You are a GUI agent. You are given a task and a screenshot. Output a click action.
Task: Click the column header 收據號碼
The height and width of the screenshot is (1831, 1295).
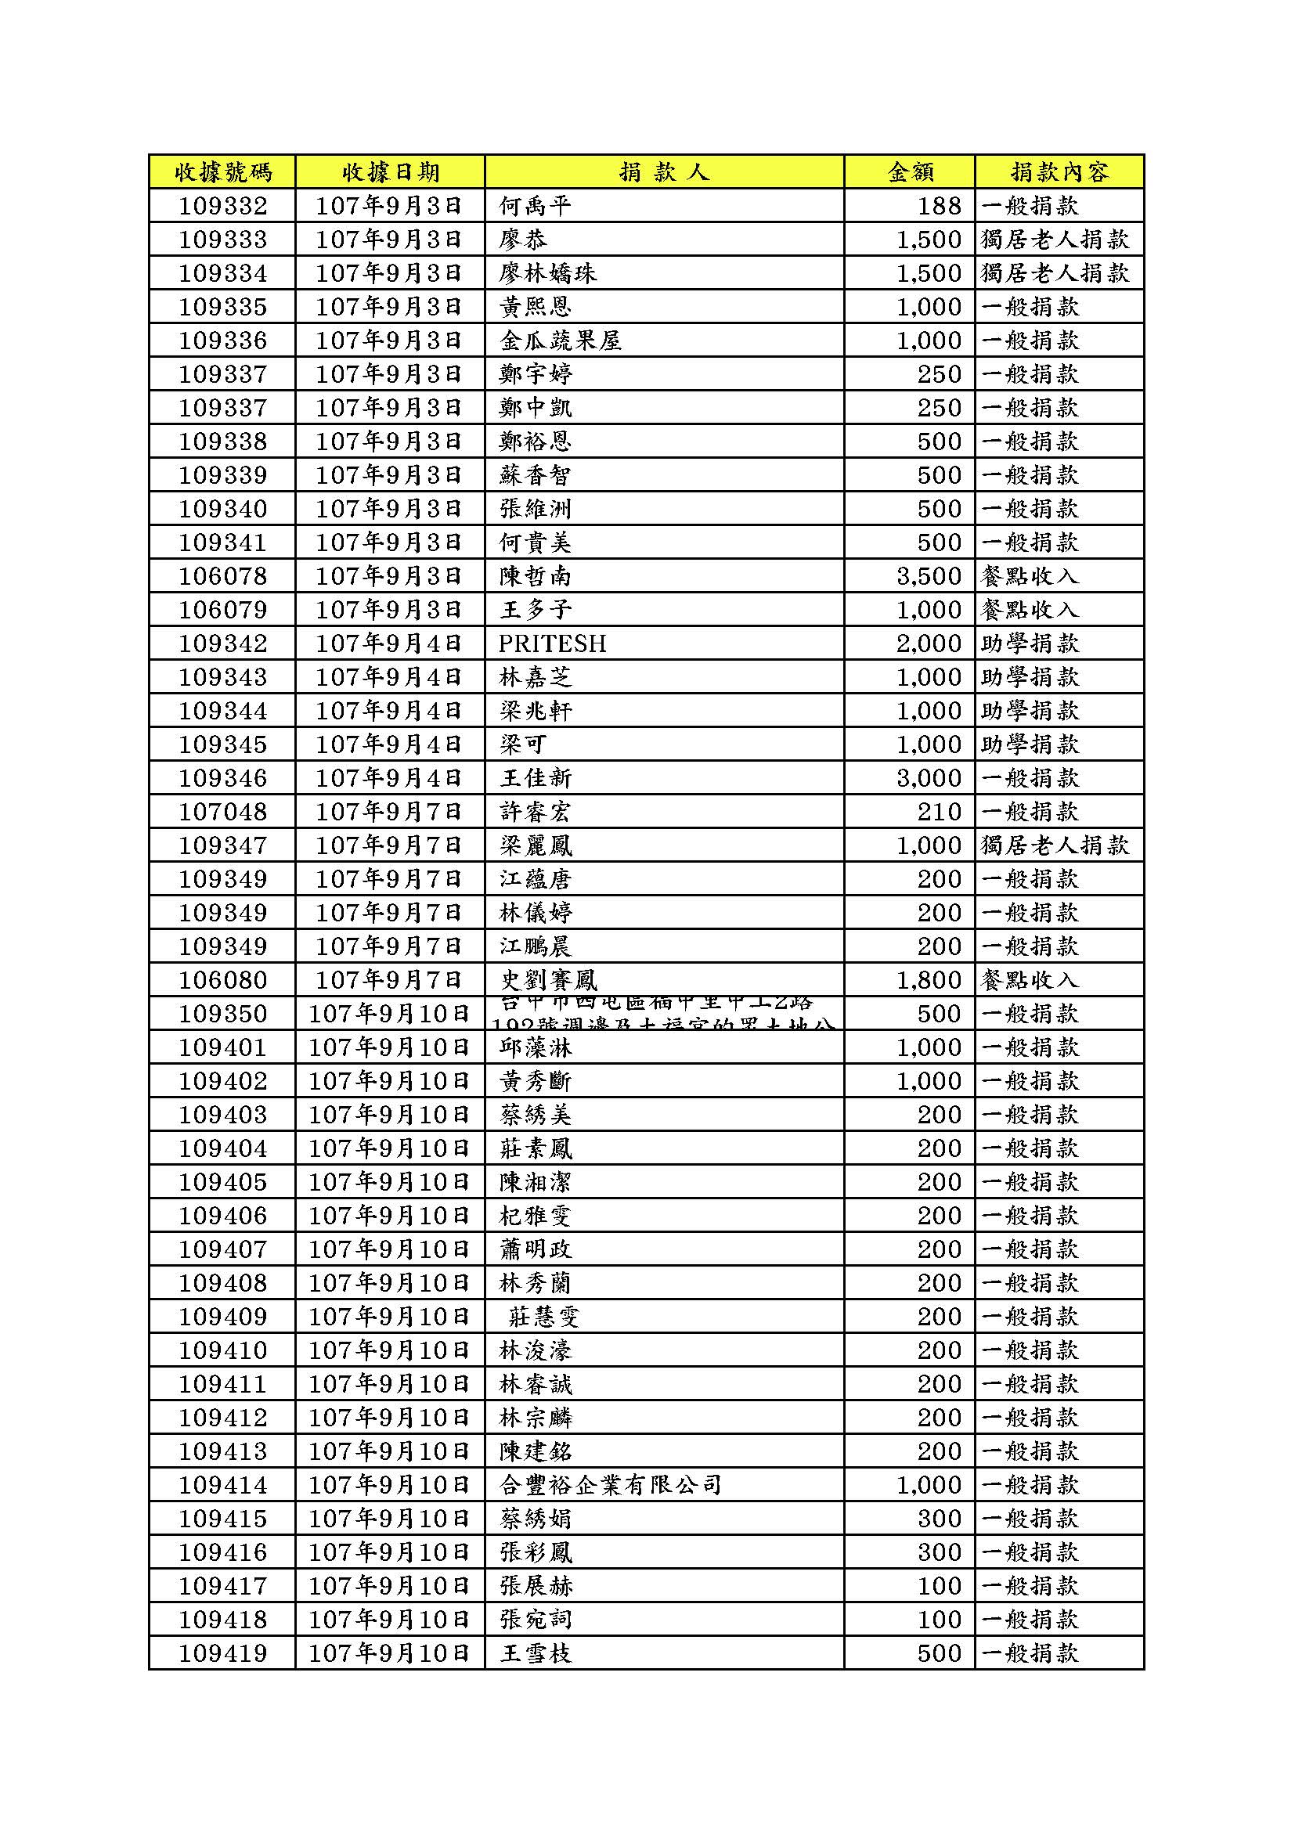pyautogui.click(x=222, y=171)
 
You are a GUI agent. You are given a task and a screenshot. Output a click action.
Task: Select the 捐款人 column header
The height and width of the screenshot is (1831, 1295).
pyautogui.click(x=663, y=171)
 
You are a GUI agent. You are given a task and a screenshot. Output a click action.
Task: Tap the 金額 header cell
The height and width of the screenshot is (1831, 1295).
pyautogui.click(x=911, y=171)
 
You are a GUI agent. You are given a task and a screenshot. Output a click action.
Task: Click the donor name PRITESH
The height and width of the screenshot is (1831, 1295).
pyautogui.click(x=552, y=643)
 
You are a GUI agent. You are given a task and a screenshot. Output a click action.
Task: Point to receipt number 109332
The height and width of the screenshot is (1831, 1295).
pyautogui.click(x=222, y=206)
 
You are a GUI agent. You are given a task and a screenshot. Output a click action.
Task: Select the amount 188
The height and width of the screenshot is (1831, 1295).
pyautogui.click(x=940, y=206)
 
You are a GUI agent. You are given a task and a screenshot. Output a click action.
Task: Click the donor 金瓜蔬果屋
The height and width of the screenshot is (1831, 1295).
pyautogui.click(x=560, y=341)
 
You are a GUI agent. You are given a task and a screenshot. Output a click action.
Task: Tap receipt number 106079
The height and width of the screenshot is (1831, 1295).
pyautogui.click(x=222, y=610)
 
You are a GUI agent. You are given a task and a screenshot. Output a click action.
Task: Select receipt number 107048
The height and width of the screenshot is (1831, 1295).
pyautogui.click(x=222, y=812)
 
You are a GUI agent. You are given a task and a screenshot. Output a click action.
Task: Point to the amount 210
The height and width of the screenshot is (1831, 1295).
pyautogui.click(x=940, y=812)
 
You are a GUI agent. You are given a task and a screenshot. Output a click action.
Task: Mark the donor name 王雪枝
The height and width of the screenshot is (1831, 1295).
pyautogui.click(x=536, y=1653)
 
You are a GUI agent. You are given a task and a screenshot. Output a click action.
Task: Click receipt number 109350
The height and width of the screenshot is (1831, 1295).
pyautogui.click(x=222, y=1014)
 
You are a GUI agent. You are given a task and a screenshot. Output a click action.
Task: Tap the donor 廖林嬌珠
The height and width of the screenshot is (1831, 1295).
pyautogui.click(x=548, y=273)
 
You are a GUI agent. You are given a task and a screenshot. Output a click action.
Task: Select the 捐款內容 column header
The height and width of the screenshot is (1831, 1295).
pyautogui.click(x=1059, y=171)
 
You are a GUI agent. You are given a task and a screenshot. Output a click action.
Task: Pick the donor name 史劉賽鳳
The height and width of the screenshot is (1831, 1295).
pyautogui.click(x=548, y=980)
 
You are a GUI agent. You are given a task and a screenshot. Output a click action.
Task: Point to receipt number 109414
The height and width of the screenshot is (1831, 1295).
pyautogui.click(x=222, y=1485)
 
